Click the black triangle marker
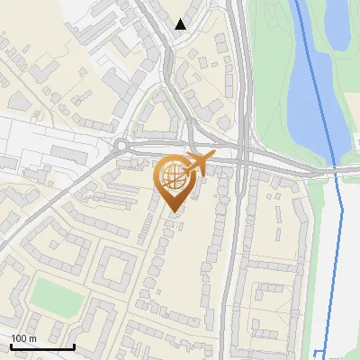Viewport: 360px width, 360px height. (181, 24)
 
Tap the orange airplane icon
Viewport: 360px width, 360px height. (199, 165)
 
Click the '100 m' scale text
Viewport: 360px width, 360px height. (22, 338)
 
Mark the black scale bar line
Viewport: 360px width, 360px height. (42, 346)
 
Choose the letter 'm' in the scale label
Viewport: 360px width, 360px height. (31, 338)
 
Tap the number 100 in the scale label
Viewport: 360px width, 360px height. (18, 338)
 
